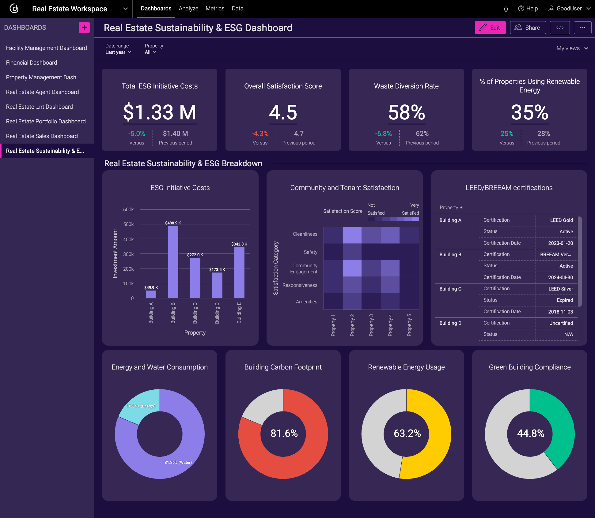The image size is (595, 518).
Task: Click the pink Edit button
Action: click(x=490, y=28)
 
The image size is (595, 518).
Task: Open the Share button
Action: click(x=528, y=28)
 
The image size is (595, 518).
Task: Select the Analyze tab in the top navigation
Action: click(x=188, y=9)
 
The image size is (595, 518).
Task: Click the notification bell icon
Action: click(x=506, y=9)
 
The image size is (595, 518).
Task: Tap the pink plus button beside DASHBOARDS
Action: click(x=84, y=28)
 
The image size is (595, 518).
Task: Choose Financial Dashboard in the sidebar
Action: click(x=32, y=62)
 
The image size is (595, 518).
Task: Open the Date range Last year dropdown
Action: click(x=118, y=52)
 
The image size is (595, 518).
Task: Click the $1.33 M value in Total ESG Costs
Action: click(x=159, y=112)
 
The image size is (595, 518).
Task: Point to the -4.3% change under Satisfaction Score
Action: click(x=260, y=133)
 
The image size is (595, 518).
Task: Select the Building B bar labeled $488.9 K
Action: click(x=173, y=262)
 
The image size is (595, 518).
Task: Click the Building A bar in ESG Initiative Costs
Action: click(x=151, y=294)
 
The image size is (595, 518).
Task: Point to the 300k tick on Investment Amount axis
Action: click(x=128, y=254)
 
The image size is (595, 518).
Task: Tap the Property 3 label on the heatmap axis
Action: click(x=371, y=325)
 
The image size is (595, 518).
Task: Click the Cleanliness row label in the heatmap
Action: click(x=305, y=234)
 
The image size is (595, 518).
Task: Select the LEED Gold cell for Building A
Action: click(x=561, y=220)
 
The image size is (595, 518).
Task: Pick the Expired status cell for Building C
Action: click(x=564, y=300)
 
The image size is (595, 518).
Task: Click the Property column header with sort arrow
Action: click(x=451, y=208)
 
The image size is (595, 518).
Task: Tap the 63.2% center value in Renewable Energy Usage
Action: click(x=407, y=434)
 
